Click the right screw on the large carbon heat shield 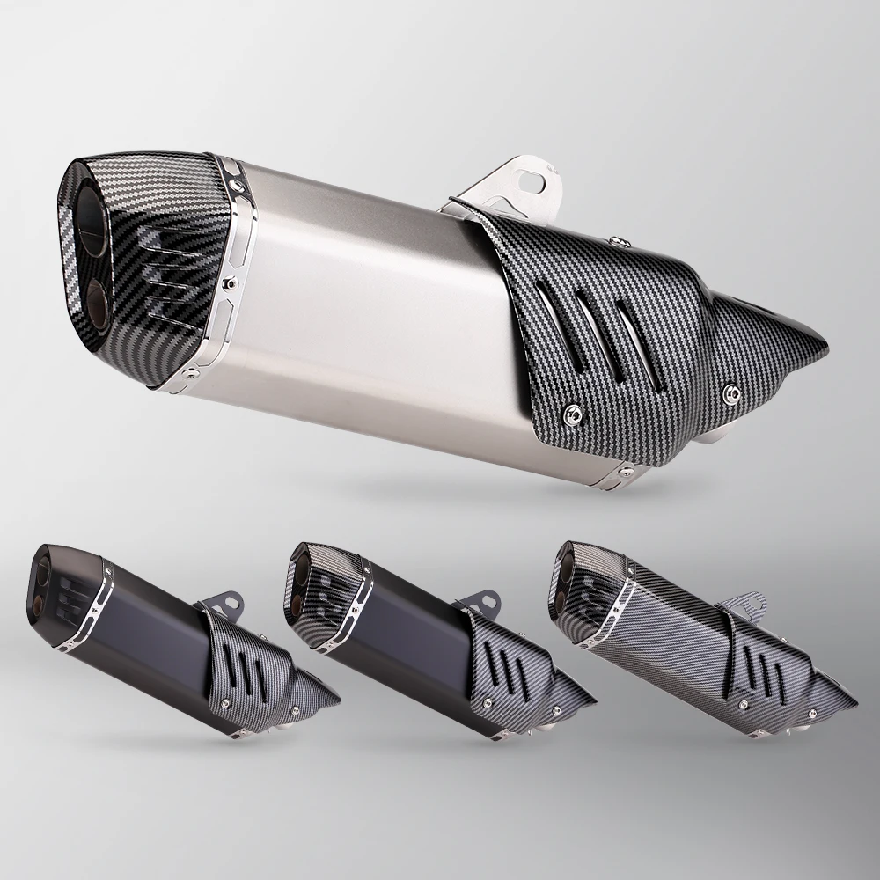730,391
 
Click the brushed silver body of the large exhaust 370,299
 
